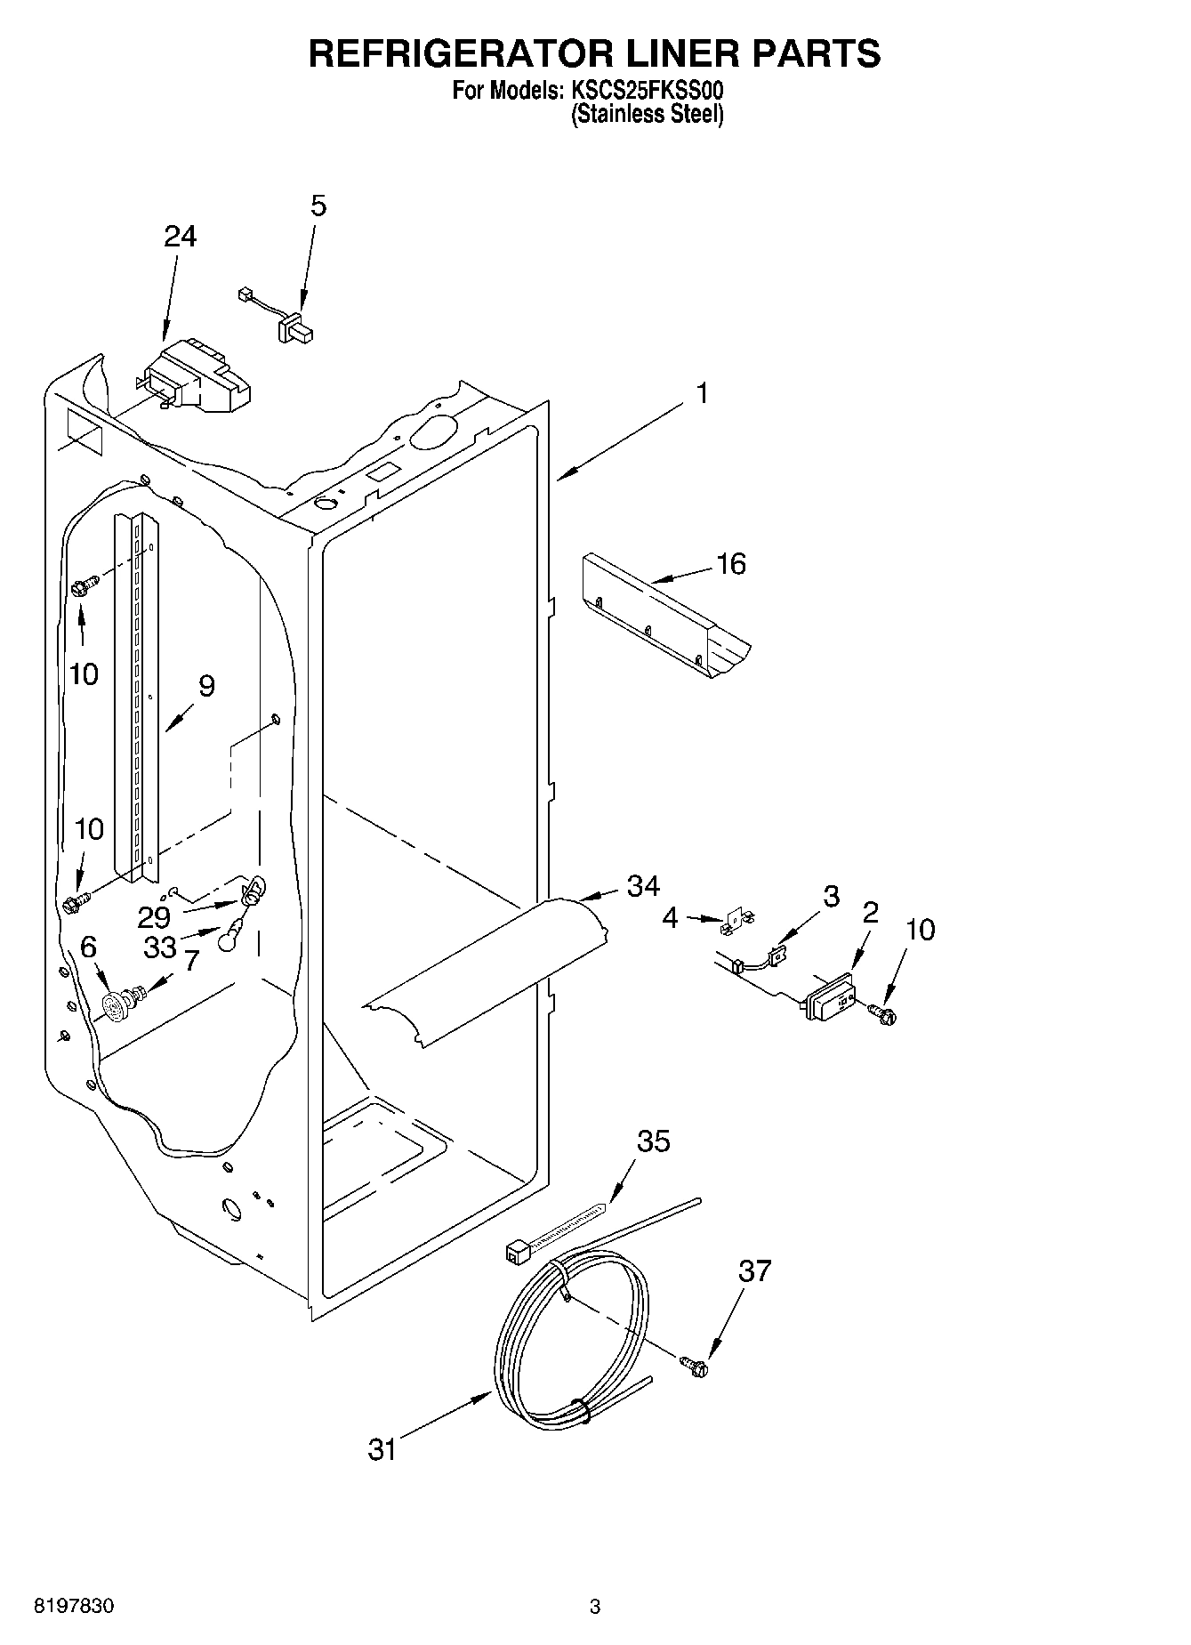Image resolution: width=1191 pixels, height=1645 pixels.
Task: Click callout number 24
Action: (181, 237)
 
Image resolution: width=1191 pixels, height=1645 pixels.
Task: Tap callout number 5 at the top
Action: (318, 206)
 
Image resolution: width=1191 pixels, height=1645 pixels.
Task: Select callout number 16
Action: (731, 564)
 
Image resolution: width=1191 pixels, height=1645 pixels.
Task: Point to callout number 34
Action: (643, 886)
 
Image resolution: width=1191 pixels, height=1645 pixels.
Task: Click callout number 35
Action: (654, 1141)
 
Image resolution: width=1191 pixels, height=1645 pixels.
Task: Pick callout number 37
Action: (754, 1271)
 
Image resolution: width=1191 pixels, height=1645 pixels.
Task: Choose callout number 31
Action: (382, 1449)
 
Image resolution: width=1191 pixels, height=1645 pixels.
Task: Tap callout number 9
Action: (206, 686)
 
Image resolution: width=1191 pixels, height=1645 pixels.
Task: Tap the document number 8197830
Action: (74, 1606)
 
